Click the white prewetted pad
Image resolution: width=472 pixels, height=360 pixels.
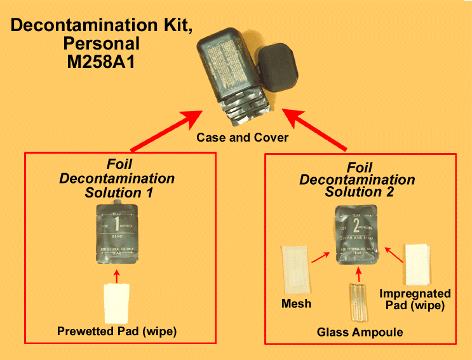pos(117,303)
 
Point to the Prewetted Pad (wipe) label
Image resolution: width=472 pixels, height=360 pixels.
pos(117,331)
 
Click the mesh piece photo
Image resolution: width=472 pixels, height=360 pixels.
pos(294,270)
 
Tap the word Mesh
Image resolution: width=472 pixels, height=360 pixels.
pos(296,303)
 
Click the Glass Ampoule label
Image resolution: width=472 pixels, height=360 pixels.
pos(360,332)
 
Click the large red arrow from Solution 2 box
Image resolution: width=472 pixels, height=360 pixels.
pos(315,130)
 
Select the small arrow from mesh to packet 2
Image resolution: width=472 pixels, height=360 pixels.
pos(320,258)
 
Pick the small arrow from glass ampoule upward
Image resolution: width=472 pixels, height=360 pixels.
pos(360,276)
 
